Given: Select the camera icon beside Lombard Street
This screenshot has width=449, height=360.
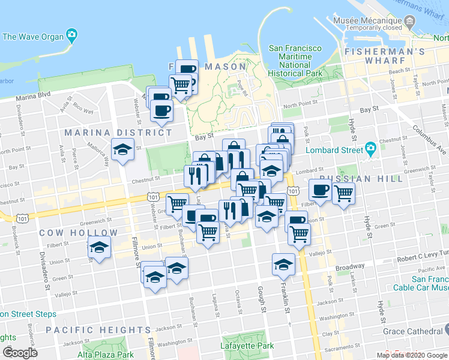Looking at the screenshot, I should [x=370, y=148].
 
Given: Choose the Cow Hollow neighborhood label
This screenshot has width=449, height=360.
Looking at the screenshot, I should [x=67, y=232].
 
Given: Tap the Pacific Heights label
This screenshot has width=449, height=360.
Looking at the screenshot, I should [x=98, y=330].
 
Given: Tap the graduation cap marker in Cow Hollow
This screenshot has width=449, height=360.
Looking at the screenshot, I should [x=99, y=247].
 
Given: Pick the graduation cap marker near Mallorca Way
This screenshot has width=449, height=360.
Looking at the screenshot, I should [x=122, y=149].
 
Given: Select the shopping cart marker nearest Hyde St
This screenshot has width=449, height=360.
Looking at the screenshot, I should [x=343, y=193].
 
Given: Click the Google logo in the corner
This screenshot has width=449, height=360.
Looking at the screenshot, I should [x=20, y=353].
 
